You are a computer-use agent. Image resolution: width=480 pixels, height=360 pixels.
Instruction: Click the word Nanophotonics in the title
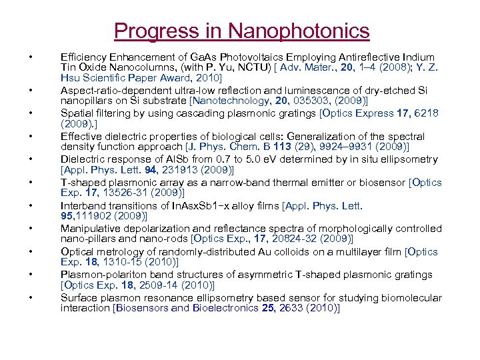(x=298, y=31)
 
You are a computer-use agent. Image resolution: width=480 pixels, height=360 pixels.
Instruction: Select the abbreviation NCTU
(x=235, y=67)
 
